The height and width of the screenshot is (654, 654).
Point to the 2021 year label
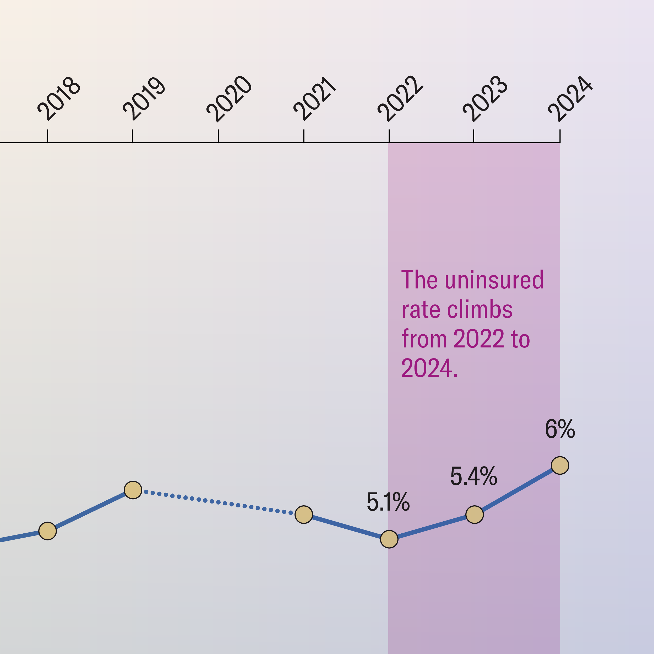(315, 99)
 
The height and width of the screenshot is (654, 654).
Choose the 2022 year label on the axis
(400, 99)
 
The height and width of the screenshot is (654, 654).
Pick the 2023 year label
(485, 99)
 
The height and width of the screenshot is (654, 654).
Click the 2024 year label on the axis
(570, 99)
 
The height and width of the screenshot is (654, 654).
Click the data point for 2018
(48, 531)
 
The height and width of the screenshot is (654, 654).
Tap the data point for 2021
(304, 515)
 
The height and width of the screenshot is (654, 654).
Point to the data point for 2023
(475, 515)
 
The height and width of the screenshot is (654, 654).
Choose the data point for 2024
(560, 465)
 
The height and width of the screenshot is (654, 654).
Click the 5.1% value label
(388, 502)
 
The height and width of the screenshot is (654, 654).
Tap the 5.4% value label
(473, 476)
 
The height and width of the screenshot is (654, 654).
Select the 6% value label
(560, 429)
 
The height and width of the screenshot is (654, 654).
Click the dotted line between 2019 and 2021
(218, 502)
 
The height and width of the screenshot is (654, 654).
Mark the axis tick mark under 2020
(218, 136)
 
